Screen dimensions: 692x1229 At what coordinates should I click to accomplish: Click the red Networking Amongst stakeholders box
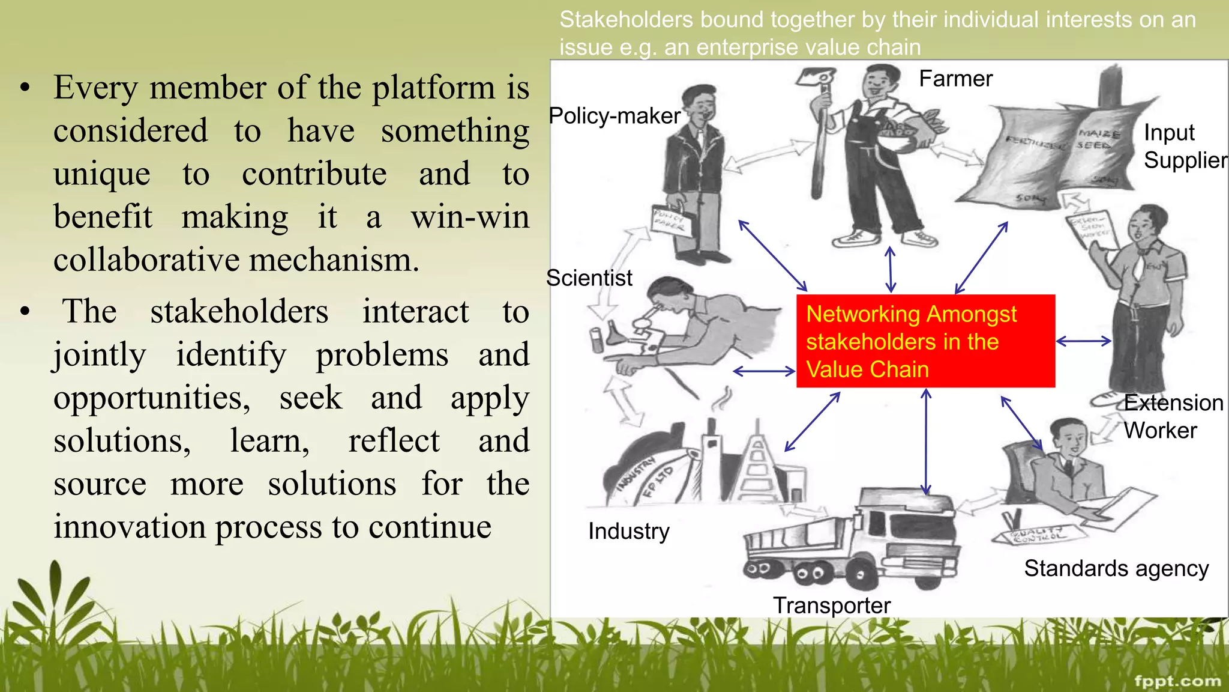click(925, 341)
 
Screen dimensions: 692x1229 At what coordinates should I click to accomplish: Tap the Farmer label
click(955, 79)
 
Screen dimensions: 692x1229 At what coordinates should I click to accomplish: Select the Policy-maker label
click(614, 116)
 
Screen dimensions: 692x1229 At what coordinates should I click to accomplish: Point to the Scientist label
click(589, 278)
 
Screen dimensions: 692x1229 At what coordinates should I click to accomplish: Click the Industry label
click(628, 531)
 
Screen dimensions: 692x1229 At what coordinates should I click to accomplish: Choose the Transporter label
click(831, 605)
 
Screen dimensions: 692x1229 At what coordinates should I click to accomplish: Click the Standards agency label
click(1116, 568)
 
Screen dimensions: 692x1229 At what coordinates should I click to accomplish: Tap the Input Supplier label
click(1185, 146)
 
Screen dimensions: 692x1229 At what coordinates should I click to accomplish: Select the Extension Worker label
click(1173, 416)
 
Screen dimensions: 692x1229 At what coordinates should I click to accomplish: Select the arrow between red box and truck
click(926, 442)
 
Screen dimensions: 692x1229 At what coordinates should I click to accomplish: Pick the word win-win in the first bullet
click(470, 217)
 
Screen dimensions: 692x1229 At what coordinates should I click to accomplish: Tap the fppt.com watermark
click(1177, 681)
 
